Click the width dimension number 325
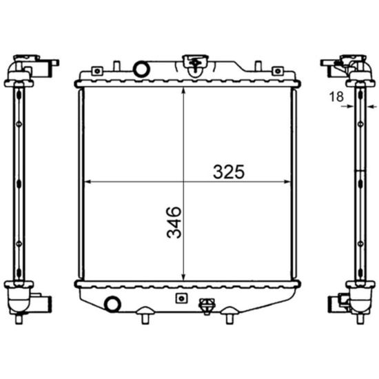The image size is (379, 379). tap(229, 172)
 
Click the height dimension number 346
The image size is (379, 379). tap(174, 223)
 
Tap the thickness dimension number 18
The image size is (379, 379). tap(336, 96)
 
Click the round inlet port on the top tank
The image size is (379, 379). tap(142, 70)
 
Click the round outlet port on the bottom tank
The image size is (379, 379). tap(112, 304)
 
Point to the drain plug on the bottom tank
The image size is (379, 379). tap(207, 306)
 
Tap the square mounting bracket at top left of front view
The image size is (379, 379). tap(97, 71)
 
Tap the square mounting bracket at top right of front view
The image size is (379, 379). tap(278, 71)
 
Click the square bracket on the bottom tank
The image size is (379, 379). tap(181, 298)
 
